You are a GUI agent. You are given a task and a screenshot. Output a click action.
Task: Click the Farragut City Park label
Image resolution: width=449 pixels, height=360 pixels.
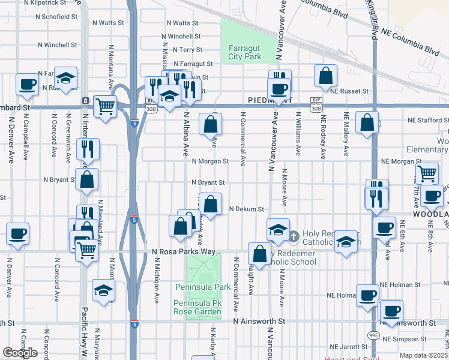(x=244, y=52)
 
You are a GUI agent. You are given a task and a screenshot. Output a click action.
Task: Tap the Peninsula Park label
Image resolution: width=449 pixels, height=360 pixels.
(x=202, y=287)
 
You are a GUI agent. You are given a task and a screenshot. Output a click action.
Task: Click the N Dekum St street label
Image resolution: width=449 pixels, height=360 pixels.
(x=247, y=209)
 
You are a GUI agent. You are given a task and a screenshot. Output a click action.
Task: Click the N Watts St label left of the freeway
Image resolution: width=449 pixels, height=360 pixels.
(x=108, y=23)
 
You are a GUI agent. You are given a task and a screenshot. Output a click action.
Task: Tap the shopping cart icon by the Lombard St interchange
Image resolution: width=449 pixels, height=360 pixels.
(x=105, y=107)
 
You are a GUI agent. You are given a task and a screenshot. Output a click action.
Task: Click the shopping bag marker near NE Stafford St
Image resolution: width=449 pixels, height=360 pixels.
(x=367, y=122)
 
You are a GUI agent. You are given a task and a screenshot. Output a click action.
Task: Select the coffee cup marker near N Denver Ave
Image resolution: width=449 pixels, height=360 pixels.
(x=17, y=233)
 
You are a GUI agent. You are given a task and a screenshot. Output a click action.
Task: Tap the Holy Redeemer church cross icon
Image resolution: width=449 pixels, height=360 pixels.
(x=294, y=236)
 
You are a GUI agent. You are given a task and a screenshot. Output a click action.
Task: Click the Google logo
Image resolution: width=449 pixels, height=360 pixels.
(x=20, y=353)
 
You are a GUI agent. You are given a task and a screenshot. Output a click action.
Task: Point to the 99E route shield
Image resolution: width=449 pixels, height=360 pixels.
(x=373, y=335)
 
